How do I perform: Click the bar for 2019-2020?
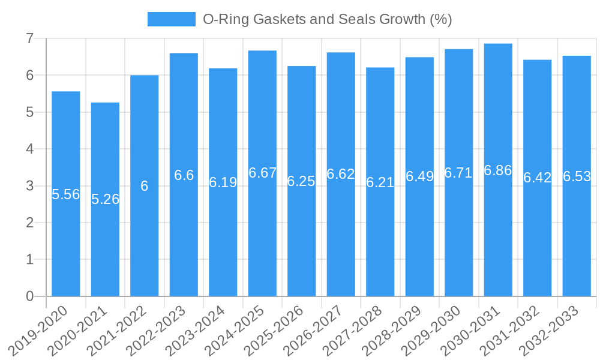[x=66, y=240]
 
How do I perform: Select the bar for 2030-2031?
[x=498, y=240]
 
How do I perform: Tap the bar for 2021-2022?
[x=145, y=240]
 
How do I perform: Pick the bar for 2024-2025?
[x=262, y=240]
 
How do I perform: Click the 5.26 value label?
[x=106, y=199]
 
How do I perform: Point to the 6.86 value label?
[x=498, y=170]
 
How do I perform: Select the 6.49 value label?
[x=419, y=176]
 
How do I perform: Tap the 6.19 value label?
[x=223, y=182]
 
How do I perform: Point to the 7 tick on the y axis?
[x=29, y=38]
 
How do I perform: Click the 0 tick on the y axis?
[x=29, y=296]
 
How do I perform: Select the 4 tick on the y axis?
[x=29, y=149]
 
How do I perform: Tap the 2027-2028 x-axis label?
[x=358, y=330]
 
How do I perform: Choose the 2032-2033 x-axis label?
[x=554, y=330]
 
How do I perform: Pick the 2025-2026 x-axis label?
[x=280, y=330]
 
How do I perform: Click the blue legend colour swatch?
[x=172, y=19]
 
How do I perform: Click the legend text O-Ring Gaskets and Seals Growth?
[x=327, y=19]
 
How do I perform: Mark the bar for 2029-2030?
[x=459, y=240]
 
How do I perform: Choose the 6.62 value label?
[x=341, y=174]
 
